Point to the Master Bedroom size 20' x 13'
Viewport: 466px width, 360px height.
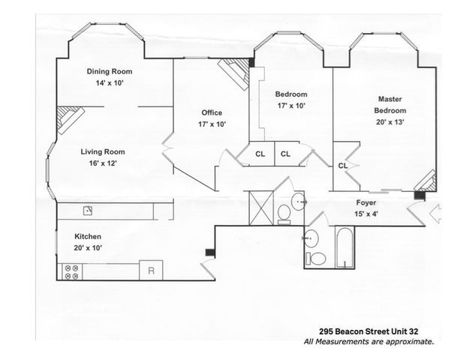[390, 122]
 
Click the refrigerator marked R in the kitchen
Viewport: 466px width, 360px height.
[152, 271]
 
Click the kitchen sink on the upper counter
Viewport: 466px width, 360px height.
[87, 210]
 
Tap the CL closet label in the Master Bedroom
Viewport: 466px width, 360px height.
[342, 165]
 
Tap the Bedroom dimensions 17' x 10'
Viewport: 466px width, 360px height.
[291, 106]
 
